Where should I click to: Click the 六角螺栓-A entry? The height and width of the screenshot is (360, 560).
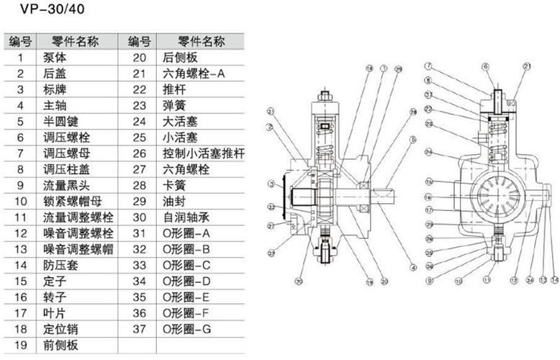194,73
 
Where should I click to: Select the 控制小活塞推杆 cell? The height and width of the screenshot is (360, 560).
204,153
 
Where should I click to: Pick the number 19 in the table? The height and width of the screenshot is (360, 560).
21,345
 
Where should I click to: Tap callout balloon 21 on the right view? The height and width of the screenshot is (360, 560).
528,67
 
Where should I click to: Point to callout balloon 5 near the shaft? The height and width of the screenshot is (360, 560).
414,139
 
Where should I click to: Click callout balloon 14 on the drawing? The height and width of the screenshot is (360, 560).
554,279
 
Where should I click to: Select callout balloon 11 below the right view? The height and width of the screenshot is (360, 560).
487,279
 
